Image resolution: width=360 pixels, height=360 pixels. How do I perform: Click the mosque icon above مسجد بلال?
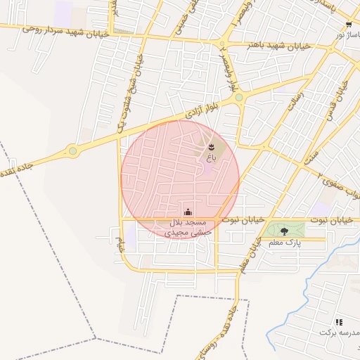pyautogui.click(x=188, y=212)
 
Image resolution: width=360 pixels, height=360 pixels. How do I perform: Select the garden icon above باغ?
pyautogui.click(x=212, y=146)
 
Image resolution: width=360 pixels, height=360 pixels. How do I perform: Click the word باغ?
pyautogui.click(x=210, y=158)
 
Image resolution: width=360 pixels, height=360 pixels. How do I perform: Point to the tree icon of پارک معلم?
pyautogui.click(x=284, y=231)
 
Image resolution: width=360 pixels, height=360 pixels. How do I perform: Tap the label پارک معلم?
pyautogui.click(x=284, y=243)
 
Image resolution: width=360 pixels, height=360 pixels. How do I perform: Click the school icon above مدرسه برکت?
pyautogui.click(x=340, y=321)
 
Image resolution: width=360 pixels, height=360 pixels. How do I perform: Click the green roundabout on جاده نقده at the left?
pyautogui.click(x=72, y=150)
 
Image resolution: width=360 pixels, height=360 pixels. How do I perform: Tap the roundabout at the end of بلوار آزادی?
pyautogui.click(x=239, y=97)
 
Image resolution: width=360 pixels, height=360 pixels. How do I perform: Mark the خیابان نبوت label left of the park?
pyautogui.click(x=243, y=220)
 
